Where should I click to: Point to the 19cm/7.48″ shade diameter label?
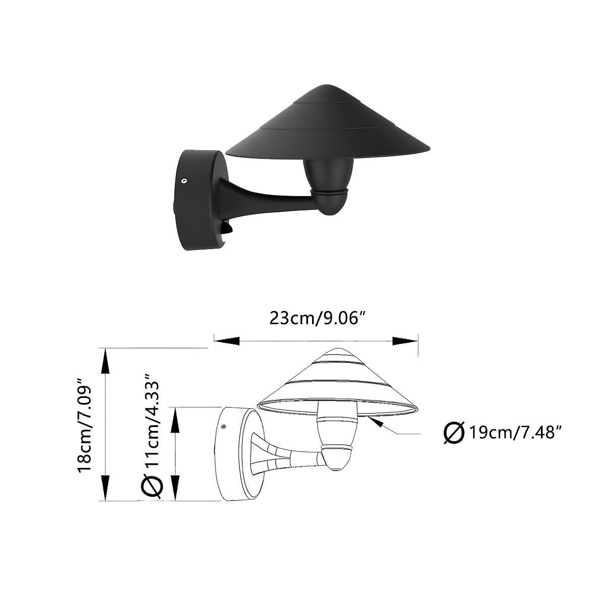pos(515,433)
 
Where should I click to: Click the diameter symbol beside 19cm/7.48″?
pos(454,433)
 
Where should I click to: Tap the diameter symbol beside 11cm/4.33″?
pos(152,486)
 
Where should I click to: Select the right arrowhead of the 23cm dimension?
pos(405,341)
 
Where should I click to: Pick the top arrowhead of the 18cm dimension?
pos(105,360)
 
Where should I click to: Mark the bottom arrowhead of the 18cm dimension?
pos(105,489)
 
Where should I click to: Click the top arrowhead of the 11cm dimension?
pos(175,419)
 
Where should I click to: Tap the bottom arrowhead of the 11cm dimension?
pos(175,489)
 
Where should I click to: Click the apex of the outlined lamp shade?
pos(337,349)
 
